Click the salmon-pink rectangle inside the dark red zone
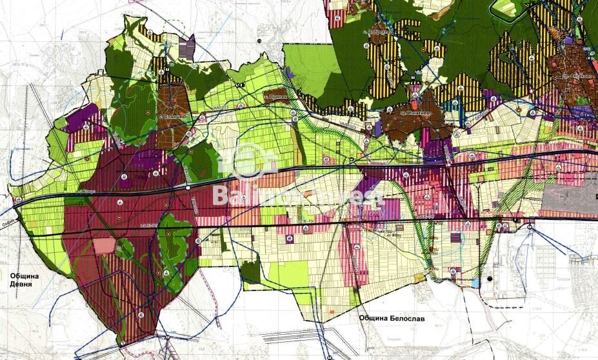click(x=103, y=246)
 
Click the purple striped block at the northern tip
click(x=186, y=47)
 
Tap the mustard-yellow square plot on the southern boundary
click(x=355, y=295)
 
